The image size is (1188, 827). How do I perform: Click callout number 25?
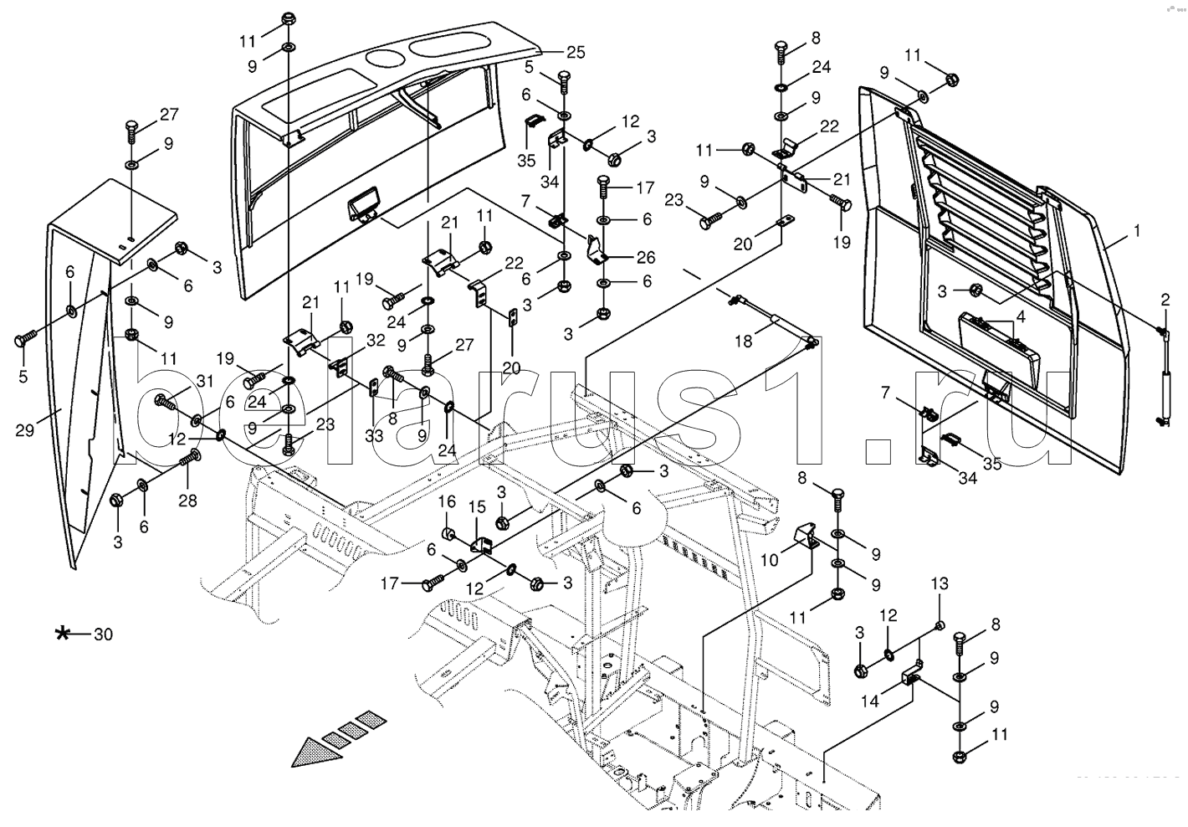[x=576, y=52]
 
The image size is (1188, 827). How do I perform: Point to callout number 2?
[x=1165, y=300]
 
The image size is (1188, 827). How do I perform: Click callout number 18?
[x=745, y=340]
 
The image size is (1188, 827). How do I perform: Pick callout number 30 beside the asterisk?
[x=102, y=634]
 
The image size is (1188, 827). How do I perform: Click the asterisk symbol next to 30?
[x=62, y=634]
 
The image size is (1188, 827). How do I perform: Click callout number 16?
[x=448, y=502]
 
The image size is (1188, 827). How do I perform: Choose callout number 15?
[x=476, y=507]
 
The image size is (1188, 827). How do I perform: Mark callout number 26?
[x=645, y=257]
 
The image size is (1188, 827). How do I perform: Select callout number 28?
[x=187, y=501]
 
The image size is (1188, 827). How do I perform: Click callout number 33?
[x=373, y=436]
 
